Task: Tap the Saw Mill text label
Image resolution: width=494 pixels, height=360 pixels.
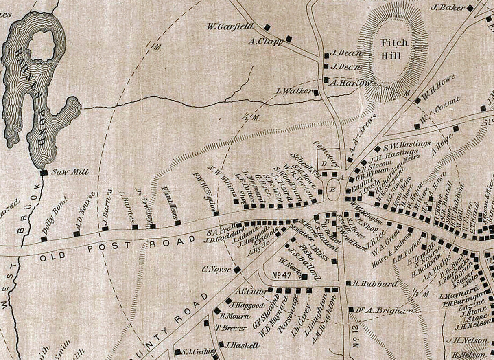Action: (65, 173)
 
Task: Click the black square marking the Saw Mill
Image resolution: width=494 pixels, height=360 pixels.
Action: (44, 173)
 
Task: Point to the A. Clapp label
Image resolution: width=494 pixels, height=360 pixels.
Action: (267, 41)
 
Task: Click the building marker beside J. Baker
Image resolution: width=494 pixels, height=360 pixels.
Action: (470, 7)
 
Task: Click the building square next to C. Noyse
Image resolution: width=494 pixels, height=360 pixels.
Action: (237, 269)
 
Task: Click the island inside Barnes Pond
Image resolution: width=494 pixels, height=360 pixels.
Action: (42, 44)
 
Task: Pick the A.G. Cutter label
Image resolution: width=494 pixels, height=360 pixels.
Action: (251, 291)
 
